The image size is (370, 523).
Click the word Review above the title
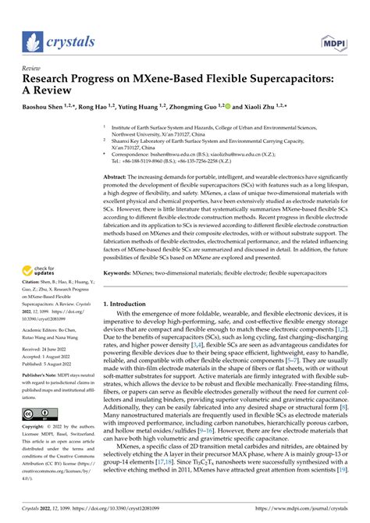coord(32,68)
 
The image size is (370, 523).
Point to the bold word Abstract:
coord(115,178)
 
